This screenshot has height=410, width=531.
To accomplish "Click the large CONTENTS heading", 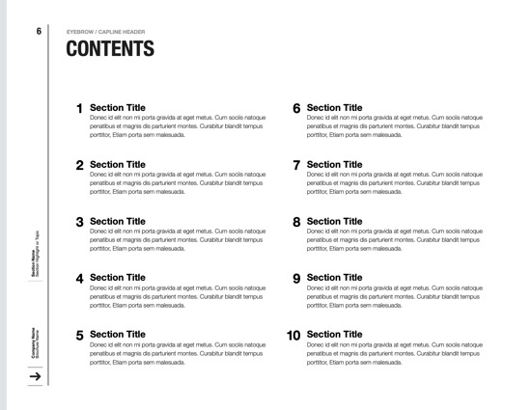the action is [x=109, y=49].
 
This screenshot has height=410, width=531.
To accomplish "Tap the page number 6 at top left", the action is [x=39, y=31].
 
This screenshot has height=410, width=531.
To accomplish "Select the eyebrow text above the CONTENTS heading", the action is [x=105, y=32].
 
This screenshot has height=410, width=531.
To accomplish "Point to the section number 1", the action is [x=79, y=109].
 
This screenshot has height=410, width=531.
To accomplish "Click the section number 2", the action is [x=79, y=165].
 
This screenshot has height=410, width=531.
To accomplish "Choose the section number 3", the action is [x=79, y=222].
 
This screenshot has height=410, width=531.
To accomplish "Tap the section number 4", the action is [x=79, y=279].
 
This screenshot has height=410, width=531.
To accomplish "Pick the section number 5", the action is [x=79, y=336].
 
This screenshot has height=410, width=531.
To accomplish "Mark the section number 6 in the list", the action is [x=296, y=109].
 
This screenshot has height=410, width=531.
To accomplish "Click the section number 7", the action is [x=296, y=165].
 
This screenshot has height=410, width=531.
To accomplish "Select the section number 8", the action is [x=296, y=222].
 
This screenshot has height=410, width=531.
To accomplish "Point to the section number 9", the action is [x=296, y=279].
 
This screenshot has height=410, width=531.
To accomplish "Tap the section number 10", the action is [x=293, y=336].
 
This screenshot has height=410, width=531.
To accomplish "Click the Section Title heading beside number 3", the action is [x=118, y=221].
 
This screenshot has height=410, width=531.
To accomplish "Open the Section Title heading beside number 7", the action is [x=335, y=164].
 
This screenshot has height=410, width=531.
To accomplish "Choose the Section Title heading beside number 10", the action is [x=335, y=335].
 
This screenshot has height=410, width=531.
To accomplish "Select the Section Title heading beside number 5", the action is [x=118, y=335].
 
